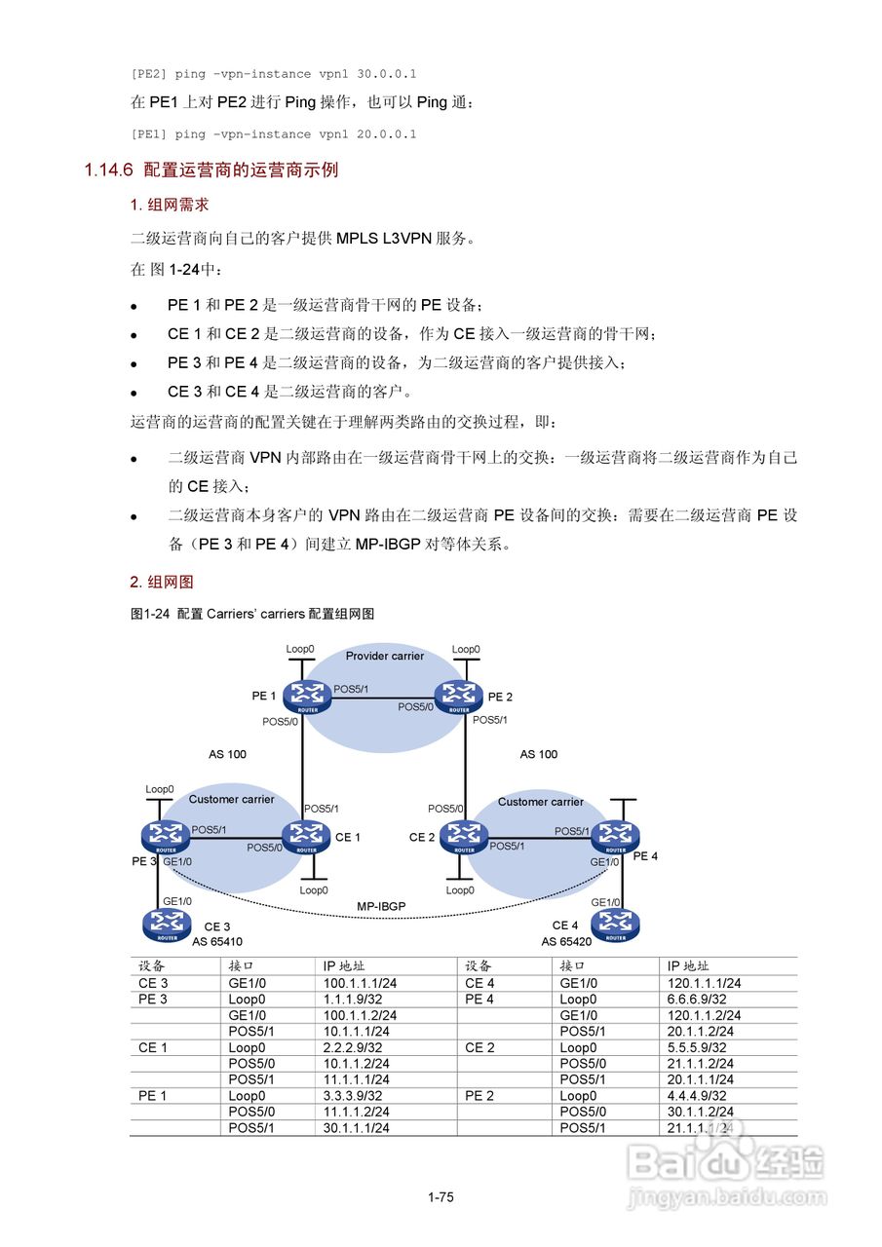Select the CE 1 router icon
pyautogui.click(x=306, y=834)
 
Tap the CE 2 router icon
pyautogui.click(x=463, y=834)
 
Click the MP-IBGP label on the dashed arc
pyautogui.click(x=380, y=906)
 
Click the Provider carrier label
pyautogui.click(x=385, y=656)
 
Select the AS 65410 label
pyautogui.click(x=216, y=942)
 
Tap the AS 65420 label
pyautogui.click(x=566, y=942)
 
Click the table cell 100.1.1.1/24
pyautogui.click(x=360, y=983)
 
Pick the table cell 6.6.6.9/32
pyautogui.click(x=697, y=999)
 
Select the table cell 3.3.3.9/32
pyautogui.click(x=353, y=1095)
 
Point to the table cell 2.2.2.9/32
pyautogui.click(x=353, y=1047)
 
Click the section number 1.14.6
pyautogui.click(x=107, y=170)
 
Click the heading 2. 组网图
pyautogui.click(x=162, y=582)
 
